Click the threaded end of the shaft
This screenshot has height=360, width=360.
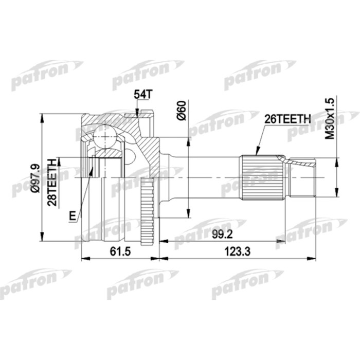[x=303, y=178]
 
